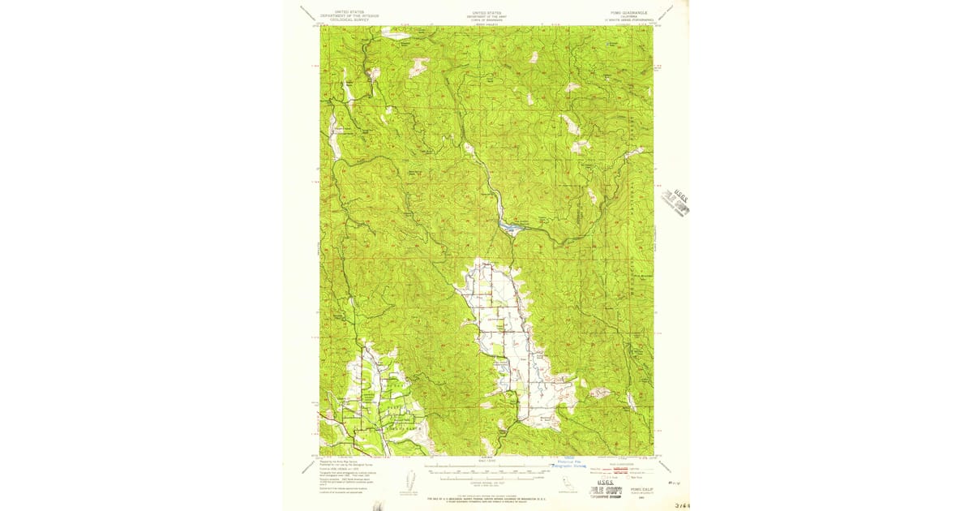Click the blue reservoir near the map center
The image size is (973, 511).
pyautogui.click(x=511, y=228)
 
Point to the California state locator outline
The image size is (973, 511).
pyautogui.click(x=565, y=483)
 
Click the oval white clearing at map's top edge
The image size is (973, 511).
pyautogui.click(x=396, y=35)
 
